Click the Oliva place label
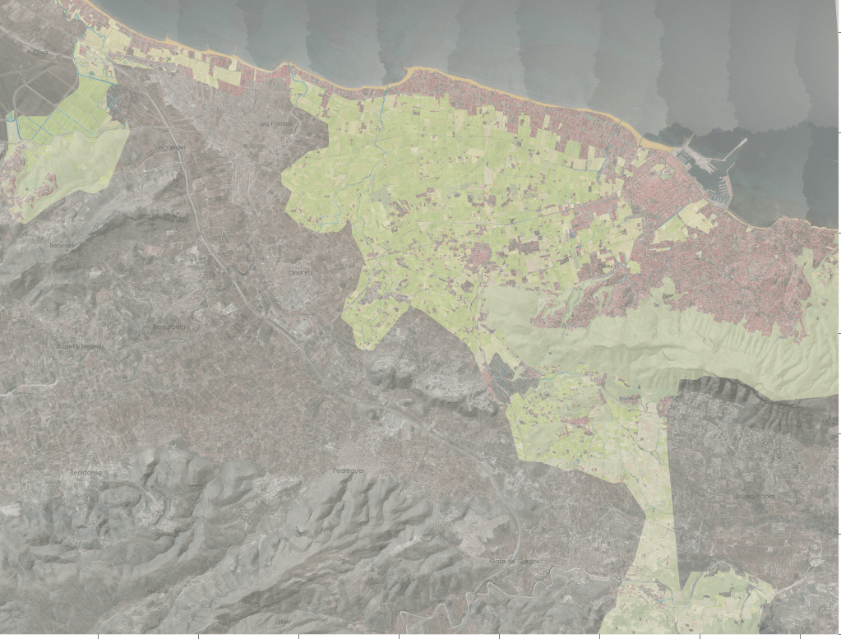(38, 52)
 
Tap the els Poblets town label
(275, 123)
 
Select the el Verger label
(171, 147)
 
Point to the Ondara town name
(300, 271)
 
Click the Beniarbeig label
(169, 326)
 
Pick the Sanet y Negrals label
(79, 346)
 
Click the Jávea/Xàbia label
(755, 496)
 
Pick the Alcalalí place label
(224, 623)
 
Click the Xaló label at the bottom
(224, 623)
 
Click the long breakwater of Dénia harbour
(733, 151)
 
